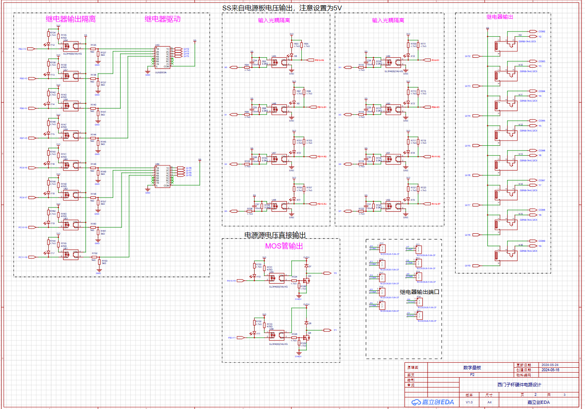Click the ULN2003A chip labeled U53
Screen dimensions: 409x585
tap(162, 57)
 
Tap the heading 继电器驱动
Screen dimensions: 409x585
tap(162, 19)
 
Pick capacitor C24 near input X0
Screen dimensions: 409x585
tap(255, 63)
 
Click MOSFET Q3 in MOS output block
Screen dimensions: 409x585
tap(308, 280)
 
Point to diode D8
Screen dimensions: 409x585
tap(306, 323)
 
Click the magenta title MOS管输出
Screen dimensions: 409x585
tap(284, 246)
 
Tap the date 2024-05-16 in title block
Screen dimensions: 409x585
tap(550, 370)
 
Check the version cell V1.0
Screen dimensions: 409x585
tap(469, 402)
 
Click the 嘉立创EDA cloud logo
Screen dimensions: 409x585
tap(432, 402)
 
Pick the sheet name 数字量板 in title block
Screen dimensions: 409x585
tap(472, 368)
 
